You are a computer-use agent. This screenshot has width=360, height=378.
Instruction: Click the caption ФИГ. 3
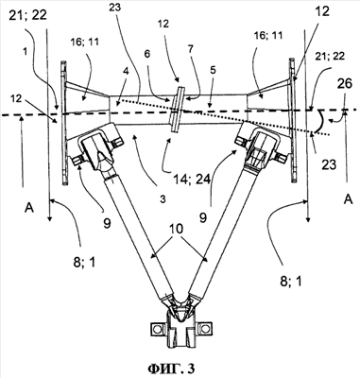click(171, 369)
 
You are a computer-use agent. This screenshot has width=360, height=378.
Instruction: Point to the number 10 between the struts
click(177, 230)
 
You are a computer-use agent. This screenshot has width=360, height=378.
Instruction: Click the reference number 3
click(163, 199)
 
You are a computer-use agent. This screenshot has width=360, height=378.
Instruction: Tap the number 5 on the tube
click(213, 70)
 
